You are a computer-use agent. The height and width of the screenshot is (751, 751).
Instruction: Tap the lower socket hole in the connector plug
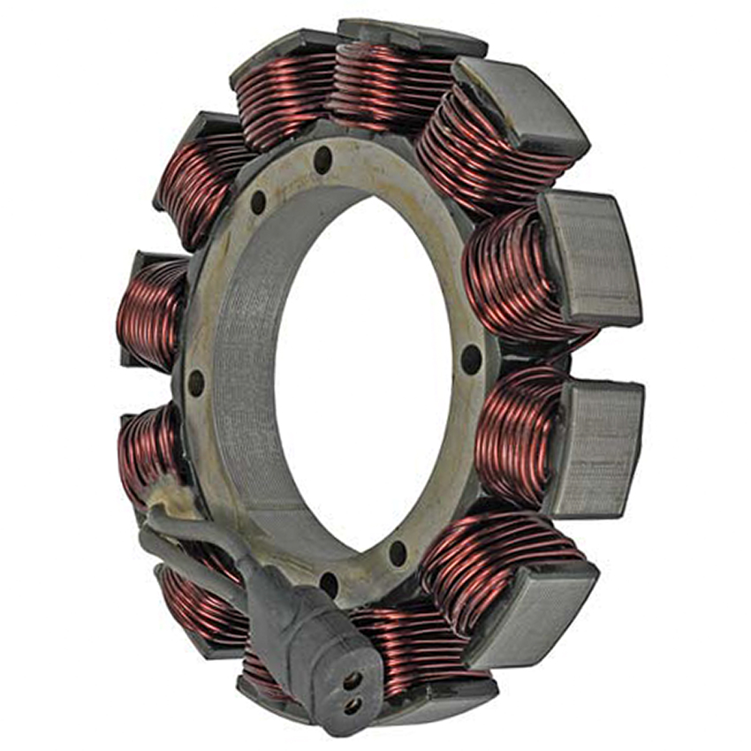click(352, 704)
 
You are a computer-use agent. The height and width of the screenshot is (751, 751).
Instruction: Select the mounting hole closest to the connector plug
click(329, 583)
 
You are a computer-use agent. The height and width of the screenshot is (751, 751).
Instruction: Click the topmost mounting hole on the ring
click(323, 159)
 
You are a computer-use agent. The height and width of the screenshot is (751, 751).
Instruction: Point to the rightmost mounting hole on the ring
click(472, 359)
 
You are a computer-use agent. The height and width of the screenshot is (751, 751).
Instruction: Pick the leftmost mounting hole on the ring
click(195, 383)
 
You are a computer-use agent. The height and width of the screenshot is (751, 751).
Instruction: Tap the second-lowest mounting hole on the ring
click(398, 553)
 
